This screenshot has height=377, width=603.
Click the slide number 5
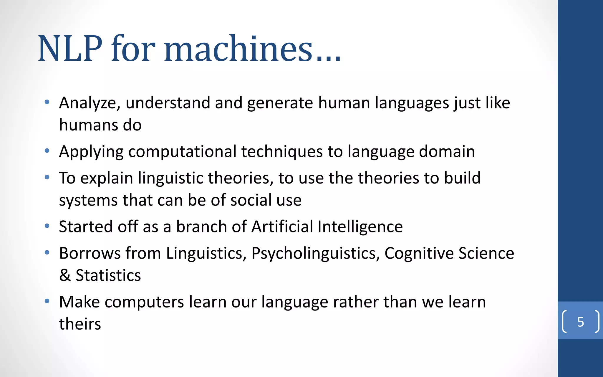[x=580, y=322]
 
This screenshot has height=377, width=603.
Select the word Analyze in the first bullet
[x=90, y=103]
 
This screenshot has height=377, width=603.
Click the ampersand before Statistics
[x=65, y=275]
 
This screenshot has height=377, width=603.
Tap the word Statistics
[x=108, y=275]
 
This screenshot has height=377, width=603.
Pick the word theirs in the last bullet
[x=80, y=324]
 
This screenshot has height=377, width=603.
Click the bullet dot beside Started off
[x=47, y=226]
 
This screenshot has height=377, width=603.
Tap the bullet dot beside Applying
[x=47, y=151]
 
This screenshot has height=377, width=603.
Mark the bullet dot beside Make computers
[x=47, y=301]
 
